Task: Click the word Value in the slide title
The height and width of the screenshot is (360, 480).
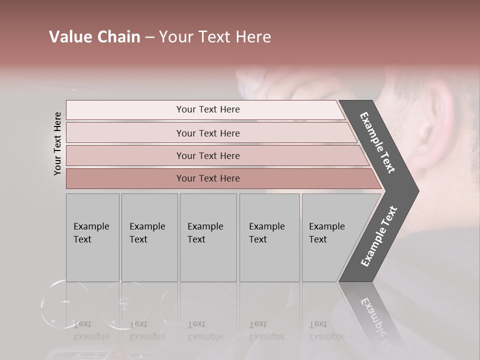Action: [70, 37]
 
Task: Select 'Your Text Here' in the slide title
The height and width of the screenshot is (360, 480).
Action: [215, 37]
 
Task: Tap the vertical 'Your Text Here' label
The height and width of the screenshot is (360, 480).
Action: [57, 143]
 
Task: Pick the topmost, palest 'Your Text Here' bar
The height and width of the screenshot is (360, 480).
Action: [208, 109]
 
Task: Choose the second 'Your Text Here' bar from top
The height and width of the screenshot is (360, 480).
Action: [208, 133]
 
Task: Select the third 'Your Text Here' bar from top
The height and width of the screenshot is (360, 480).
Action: [208, 155]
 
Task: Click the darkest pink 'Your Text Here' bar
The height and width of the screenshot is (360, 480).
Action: [208, 178]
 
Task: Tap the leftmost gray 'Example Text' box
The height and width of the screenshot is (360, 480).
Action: [92, 237]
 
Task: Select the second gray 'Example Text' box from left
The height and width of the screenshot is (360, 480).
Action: [149, 237]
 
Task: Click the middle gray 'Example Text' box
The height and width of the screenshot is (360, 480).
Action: [208, 237]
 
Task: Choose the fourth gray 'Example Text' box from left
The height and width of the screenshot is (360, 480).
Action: [269, 237]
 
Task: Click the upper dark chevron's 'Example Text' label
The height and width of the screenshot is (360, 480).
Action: [377, 143]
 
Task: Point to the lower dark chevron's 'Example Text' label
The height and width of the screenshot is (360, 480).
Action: [379, 236]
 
